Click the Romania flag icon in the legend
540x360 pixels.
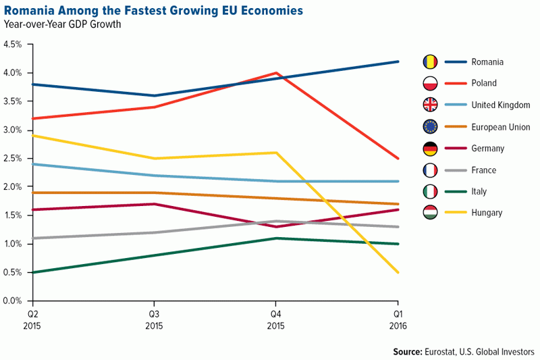[430, 62]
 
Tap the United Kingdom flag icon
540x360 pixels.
[430, 105]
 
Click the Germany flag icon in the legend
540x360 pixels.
[430, 148]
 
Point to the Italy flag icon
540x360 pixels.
[430, 191]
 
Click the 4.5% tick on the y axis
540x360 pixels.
[13, 45]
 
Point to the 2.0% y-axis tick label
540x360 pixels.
[13, 187]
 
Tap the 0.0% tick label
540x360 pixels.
[13, 301]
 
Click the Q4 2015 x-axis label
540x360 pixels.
[275, 319]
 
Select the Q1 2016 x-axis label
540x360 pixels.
[398, 319]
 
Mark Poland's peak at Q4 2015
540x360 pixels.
[275, 73]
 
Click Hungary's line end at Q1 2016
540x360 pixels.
[398, 272]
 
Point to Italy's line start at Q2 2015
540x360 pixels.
[32, 272]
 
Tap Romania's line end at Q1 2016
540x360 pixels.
[398, 61]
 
